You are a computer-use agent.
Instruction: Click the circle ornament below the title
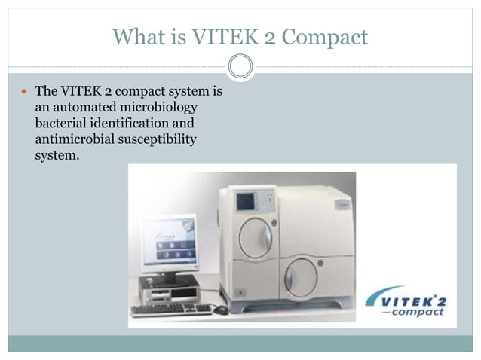pyautogui.click(x=240, y=66)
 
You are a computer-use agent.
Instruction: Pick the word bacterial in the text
pyautogui.click(x=61, y=123)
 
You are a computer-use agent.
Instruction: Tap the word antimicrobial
pyautogui.click(x=78, y=139)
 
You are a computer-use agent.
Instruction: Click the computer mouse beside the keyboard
pyautogui.click(x=220, y=309)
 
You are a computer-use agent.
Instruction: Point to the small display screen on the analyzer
pyautogui.click(x=246, y=201)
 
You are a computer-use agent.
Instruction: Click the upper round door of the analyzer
pyautogui.click(x=256, y=238)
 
